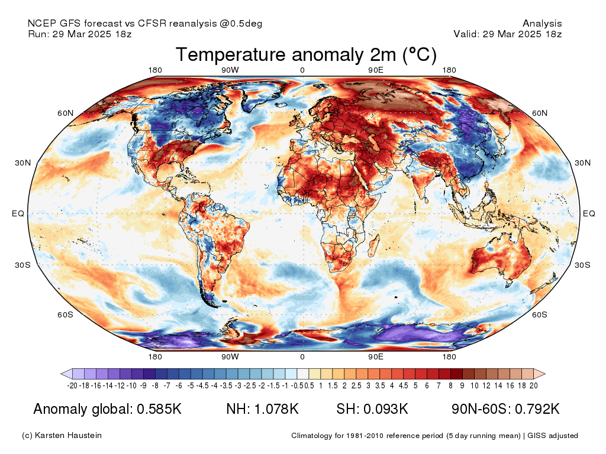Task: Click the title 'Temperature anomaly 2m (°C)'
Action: point(306,54)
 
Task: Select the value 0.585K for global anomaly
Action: point(159,409)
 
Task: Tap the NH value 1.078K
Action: point(276,409)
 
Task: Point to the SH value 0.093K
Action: point(386,409)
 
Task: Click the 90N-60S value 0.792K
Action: point(537,409)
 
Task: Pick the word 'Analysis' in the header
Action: point(542,24)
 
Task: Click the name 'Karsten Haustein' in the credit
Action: point(68,436)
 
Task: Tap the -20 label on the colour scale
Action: point(72,385)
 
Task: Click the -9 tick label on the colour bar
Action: point(143,385)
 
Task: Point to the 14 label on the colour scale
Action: point(498,385)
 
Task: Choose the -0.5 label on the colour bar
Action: point(297,385)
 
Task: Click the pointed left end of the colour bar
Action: point(62,374)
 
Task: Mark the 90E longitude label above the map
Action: point(376,70)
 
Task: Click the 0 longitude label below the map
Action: point(302,356)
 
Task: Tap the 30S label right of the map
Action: point(582,265)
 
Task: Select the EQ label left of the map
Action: point(18,213)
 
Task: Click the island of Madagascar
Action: point(374,247)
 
